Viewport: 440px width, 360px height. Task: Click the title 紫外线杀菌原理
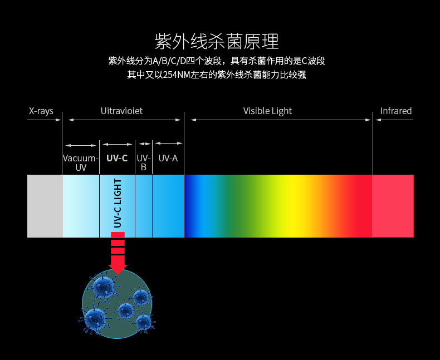(217, 42)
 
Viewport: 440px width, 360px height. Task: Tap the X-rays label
(41, 111)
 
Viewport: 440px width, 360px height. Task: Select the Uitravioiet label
(121, 111)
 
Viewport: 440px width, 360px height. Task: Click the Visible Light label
(267, 111)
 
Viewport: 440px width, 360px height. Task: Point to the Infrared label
(395, 111)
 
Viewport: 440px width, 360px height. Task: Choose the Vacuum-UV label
(81, 162)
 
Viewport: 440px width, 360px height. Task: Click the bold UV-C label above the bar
(117, 158)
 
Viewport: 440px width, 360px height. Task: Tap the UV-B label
(144, 162)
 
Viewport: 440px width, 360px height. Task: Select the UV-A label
(168, 158)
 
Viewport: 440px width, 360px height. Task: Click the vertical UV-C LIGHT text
(118, 203)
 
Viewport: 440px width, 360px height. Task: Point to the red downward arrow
(118, 253)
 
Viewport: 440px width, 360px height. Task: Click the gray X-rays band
(45, 206)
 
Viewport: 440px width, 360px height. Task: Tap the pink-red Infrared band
(393, 206)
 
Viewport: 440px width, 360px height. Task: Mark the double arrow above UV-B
(144, 144)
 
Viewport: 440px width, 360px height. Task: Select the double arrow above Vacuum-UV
(81, 145)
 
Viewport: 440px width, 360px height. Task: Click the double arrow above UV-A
(169, 143)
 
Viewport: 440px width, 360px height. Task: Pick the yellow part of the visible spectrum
(295, 206)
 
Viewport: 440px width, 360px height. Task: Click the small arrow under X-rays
(44, 120)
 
